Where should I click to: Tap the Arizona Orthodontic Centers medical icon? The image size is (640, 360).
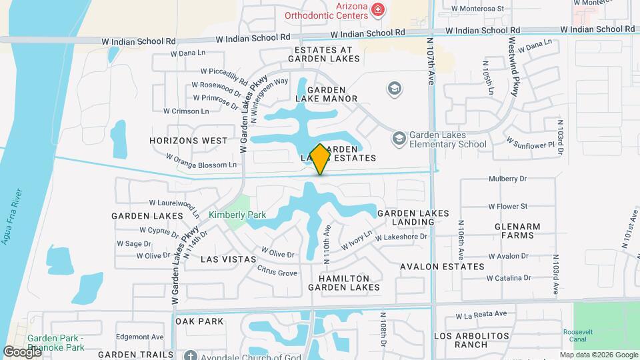pos(378,9)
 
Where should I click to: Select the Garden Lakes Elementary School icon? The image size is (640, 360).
pos(399,139)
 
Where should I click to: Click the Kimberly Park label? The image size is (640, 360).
pos(237,215)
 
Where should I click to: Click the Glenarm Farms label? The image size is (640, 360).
pos(517,231)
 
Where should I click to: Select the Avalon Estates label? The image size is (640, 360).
pos(442,267)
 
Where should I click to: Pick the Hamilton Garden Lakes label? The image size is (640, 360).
pos(343,283)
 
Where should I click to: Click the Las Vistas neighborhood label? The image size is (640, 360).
pos(229,259)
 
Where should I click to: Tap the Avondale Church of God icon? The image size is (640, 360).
pos(191,355)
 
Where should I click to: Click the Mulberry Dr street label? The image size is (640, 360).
pos(507,179)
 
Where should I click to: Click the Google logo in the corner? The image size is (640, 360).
pos(21,351)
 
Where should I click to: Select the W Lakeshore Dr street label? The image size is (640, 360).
pos(401,237)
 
